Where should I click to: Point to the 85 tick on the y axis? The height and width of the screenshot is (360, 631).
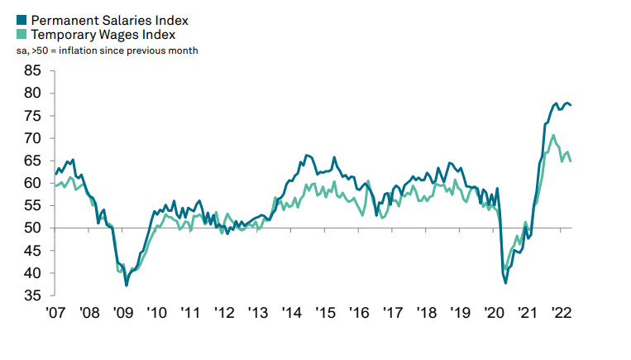click(34, 71)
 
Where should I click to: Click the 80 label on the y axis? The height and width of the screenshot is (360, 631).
click(34, 94)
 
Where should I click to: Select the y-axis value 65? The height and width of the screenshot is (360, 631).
click(34, 138)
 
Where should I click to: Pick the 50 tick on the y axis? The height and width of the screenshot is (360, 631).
click(34, 228)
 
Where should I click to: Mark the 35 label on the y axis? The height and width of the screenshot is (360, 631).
click(34, 295)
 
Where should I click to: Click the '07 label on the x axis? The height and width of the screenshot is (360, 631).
click(56, 313)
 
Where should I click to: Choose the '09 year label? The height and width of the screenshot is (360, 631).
click(123, 313)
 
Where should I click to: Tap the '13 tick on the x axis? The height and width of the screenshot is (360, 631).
click(259, 313)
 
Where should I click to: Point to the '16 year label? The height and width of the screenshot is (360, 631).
click(360, 313)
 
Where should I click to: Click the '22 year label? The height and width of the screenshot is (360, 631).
click(562, 313)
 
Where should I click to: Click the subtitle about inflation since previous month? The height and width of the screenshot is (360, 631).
click(107, 50)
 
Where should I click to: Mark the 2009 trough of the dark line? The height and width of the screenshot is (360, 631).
click(127, 286)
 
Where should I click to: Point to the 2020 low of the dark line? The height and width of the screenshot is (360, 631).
click(505, 283)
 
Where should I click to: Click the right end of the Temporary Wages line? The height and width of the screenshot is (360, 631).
click(571, 161)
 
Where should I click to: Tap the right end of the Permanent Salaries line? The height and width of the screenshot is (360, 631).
click(571, 105)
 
